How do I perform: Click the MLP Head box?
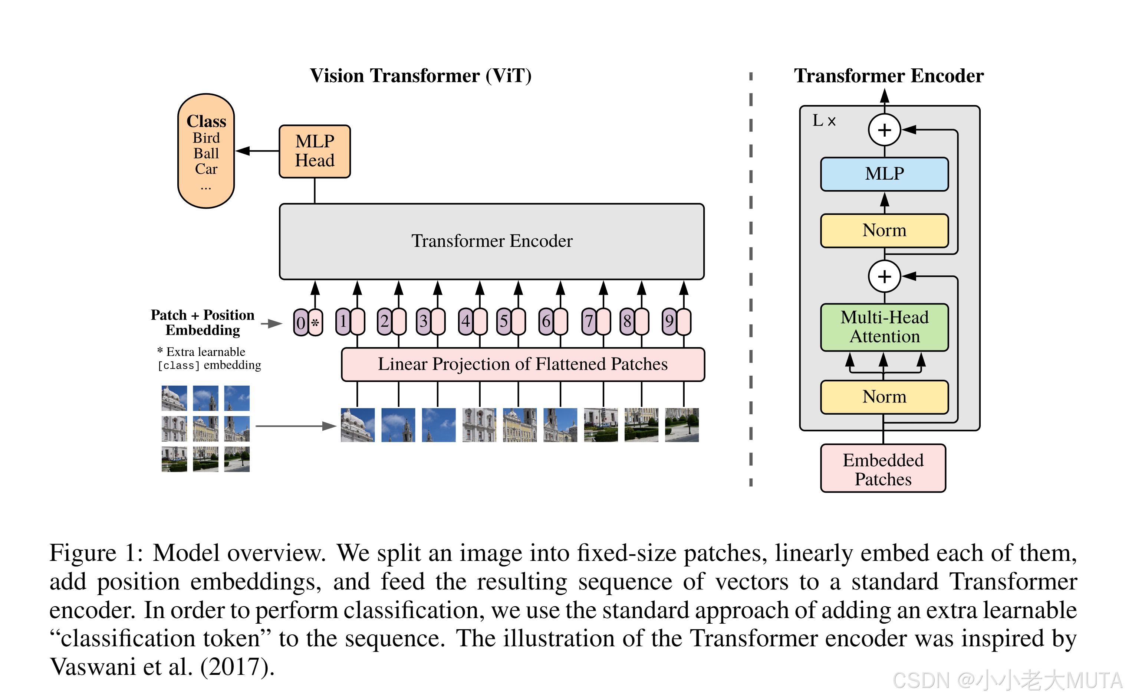click(x=315, y=151)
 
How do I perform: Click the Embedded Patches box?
click(x=883, y=468)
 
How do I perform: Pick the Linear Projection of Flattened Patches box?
click(x=523, y=364)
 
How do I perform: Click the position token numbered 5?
click(x=504, y=321)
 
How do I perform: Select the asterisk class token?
click(x=315, y=322)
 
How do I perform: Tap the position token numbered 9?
click(x=669, y=321)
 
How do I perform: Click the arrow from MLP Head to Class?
click(x=257, y=151)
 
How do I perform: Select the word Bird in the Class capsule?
click(x=206, y=138)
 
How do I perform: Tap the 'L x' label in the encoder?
click(x=824, y=121)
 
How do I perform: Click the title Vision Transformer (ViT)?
click(x=420, y=76)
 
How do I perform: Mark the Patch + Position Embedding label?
click(x=203, y=322)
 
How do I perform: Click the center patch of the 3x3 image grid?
click(x=205, y=428)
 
